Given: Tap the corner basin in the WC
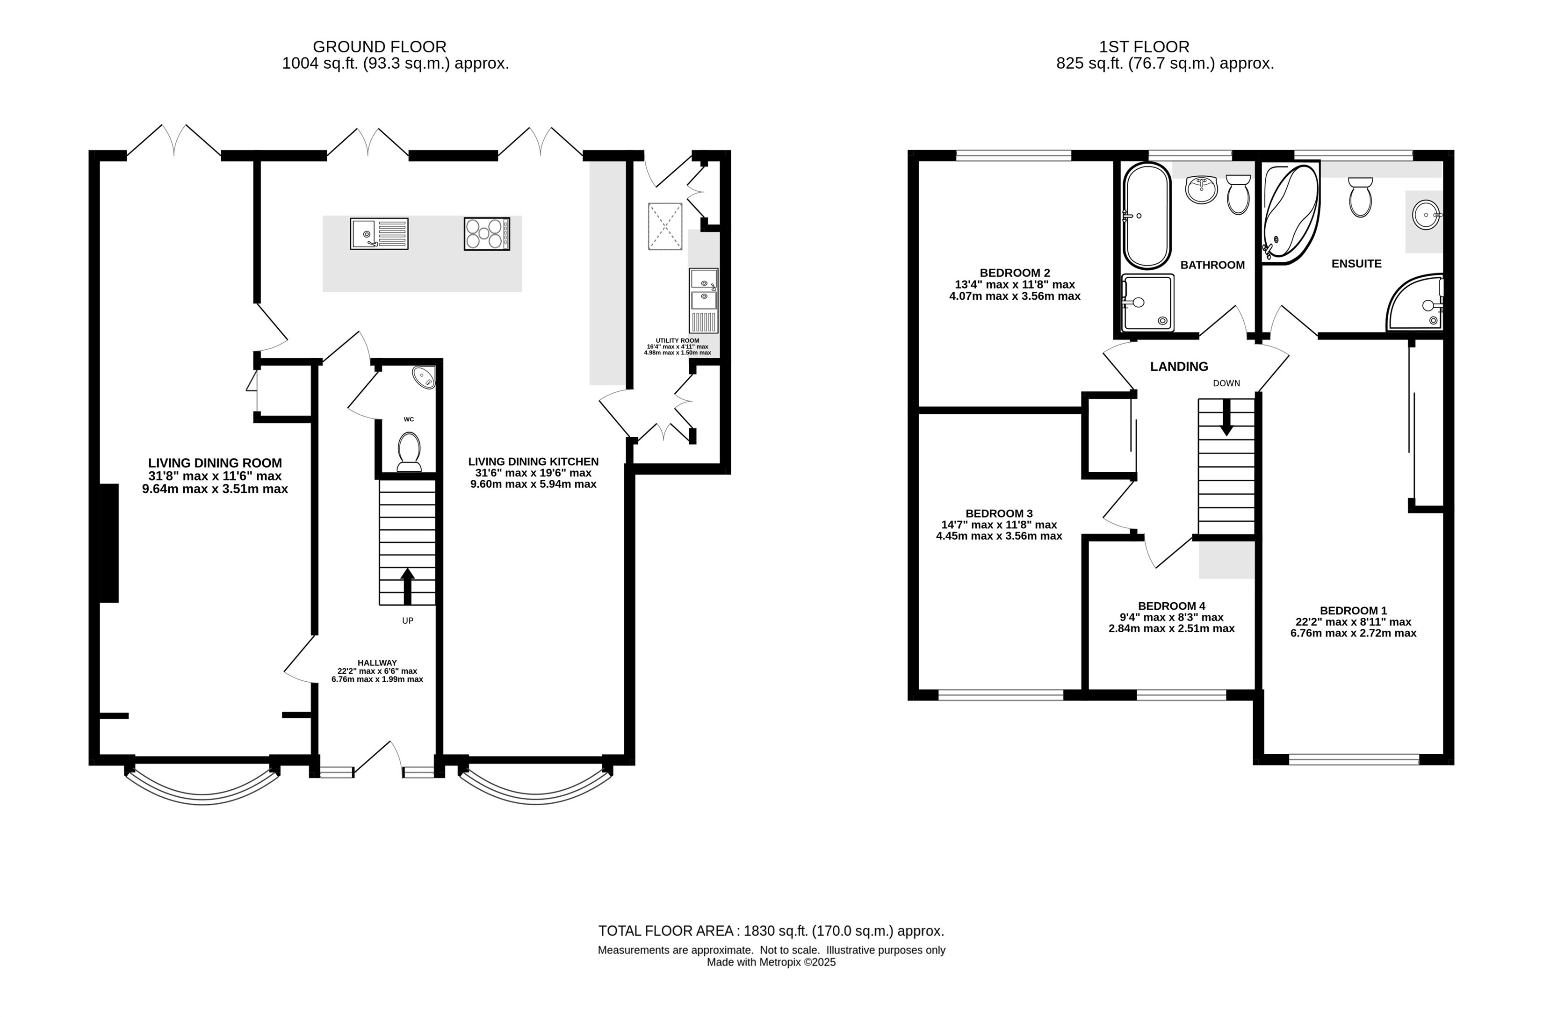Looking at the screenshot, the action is click(425, 377).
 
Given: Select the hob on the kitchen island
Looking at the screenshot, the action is click(487, 233).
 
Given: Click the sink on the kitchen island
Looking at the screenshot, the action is click(379, 233).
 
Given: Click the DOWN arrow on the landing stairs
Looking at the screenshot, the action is click(1226, 417).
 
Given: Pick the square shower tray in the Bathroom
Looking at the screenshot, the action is click(1147, 302).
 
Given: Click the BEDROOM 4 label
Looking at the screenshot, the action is click(1171, 606).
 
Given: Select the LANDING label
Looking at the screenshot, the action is click(1179, 367).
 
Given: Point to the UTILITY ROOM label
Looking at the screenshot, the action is click(677, 340).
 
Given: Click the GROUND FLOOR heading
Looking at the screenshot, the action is click(379, 47).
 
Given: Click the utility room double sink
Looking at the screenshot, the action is click(704, 301).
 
